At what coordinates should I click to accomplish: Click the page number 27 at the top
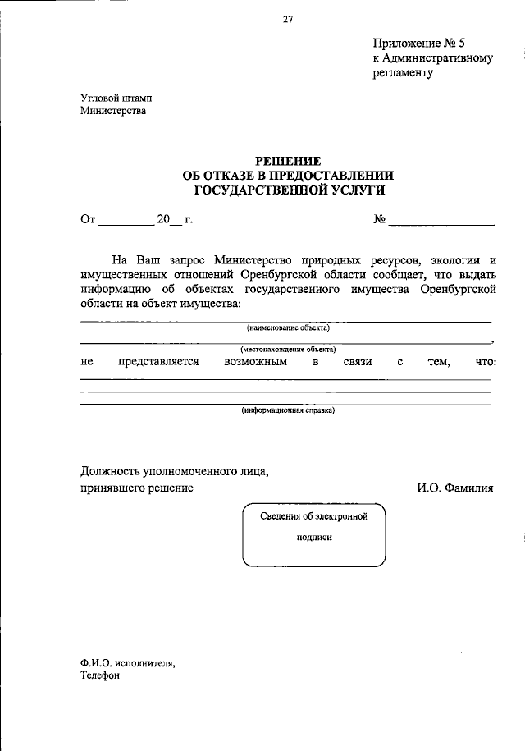click(x=288, y=21)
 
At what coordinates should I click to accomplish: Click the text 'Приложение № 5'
click(x=423, y=44)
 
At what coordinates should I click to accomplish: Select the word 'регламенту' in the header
click(x=402, y=72)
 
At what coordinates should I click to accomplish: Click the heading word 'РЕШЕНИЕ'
click(x=290, y=161)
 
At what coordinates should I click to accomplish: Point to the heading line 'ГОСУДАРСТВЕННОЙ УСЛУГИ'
click(x=290, y=190)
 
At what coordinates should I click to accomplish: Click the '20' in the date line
click(x=163, y=219)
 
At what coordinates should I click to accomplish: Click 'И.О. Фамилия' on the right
click(x=454, y=488)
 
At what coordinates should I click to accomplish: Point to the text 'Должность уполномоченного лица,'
click(x=174, y=471)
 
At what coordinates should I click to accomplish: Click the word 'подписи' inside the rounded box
click(x=314, y=538)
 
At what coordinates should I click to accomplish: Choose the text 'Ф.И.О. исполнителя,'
click(x=127, y=662)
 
